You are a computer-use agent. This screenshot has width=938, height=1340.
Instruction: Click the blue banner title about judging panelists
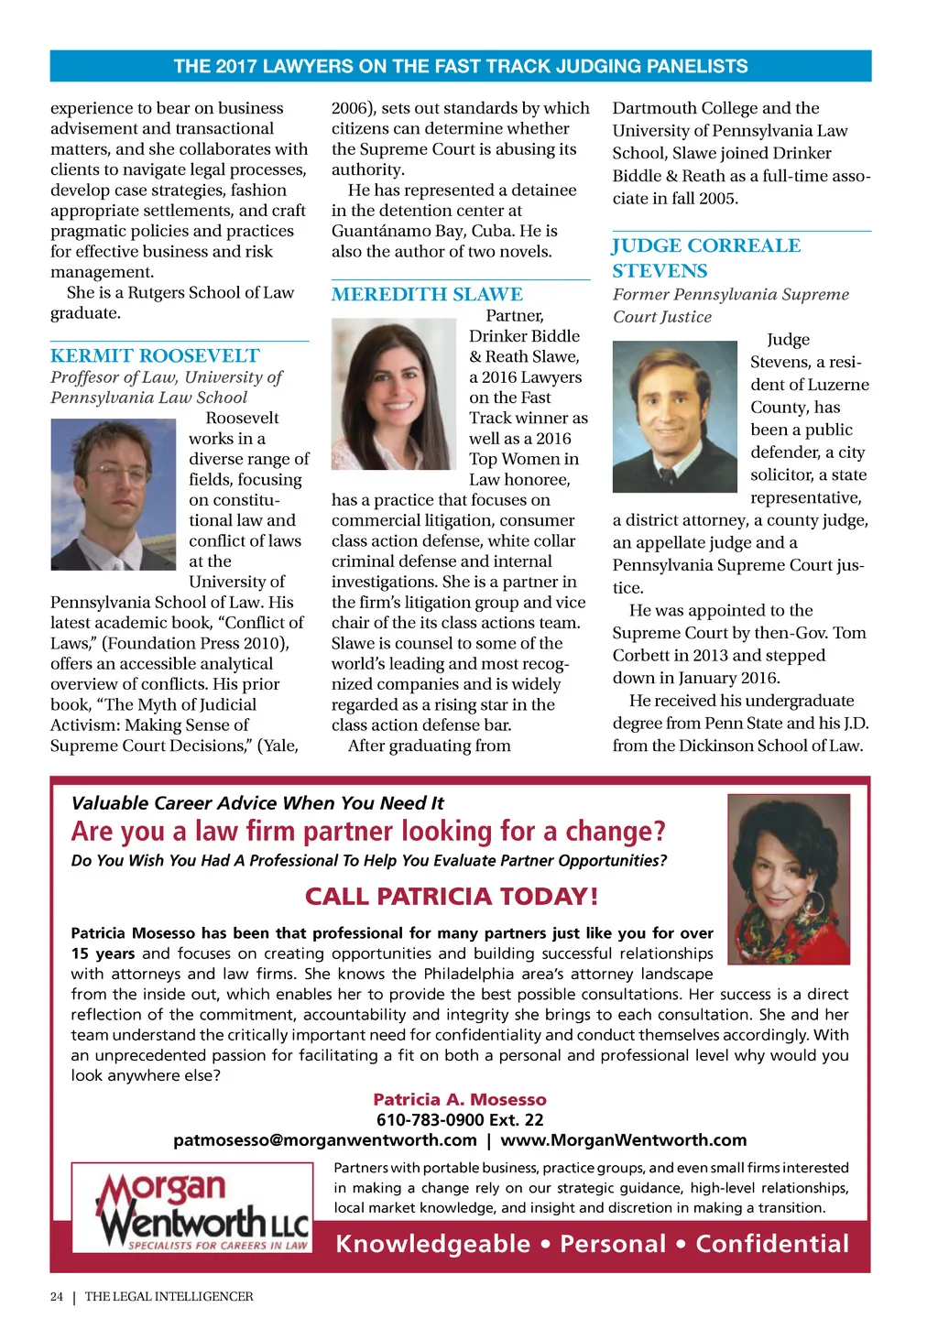pyautogui.click(x=461, y=66)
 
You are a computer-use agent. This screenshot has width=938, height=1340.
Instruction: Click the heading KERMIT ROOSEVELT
pyautogui.click(x=155, y=355)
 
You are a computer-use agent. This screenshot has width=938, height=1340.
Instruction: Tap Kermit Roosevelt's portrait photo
pyautogui.click(x=113, y=495)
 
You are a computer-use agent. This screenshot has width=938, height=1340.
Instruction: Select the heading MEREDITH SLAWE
pyautogui.click(x=427, y=294)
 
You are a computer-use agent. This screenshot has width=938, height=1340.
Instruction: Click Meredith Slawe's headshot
pyautogui.click(x=393, y=394)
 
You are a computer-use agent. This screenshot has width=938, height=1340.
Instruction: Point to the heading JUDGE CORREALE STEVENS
pyautogui.click(x=706, y=257)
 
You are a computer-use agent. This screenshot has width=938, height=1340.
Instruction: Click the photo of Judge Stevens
pyautogui.click(x=674, y=416)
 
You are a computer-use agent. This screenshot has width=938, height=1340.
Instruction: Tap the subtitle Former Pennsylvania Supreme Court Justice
pyautogui.click(x=730, y=305)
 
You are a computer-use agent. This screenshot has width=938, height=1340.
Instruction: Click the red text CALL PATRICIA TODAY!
pyautogui.click(x=451, y=896)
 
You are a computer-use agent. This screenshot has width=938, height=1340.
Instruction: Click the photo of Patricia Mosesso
pyautogui.click(x=788, y=878)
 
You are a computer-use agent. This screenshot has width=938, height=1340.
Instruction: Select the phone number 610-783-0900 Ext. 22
pyautogui.click(x=460, y=1119)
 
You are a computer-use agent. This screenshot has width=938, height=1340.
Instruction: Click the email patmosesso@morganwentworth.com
pyautogui.click(x=325, y=1139)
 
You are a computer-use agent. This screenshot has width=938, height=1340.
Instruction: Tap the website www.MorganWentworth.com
pyautogui.click(x=623, y=1139)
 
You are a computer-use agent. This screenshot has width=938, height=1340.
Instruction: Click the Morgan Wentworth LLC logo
pyautogui.click(x=191, y=1207)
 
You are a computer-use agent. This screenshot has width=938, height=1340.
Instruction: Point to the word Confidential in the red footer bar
pyautogui.click(x=772, y=1244)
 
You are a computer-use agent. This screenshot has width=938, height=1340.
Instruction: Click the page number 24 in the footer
pyautogui.click(x=57, y=1296)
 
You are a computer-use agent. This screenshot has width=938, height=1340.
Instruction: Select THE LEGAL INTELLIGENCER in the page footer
pyautogui.click(x=169, y=1296)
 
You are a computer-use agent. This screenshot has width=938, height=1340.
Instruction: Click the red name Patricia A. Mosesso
pyautogui.click(x=460, y=1099)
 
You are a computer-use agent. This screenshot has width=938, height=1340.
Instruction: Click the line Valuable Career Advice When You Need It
pyautogui.click(x=257, y=803)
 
